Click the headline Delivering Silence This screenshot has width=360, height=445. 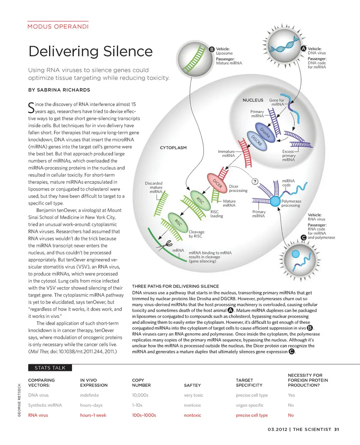click(x=90, y=51)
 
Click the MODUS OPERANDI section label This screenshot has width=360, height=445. click(x=58, y=27)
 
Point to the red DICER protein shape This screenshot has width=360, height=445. click(x=217, y=183)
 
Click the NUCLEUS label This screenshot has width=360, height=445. click(x=253, y=100)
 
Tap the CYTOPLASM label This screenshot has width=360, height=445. click(x=173, y=148)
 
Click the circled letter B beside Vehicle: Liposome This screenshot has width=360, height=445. click(x=212, y=49)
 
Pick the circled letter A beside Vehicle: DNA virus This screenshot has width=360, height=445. click(x=304, y=49)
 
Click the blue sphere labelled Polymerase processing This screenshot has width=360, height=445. click(x=276, y=200)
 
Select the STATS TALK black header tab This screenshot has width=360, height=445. click(x=50, y=368)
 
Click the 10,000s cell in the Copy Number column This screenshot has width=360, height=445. click(x=140, y=395)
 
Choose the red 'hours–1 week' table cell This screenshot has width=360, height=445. click(x=93, y=415)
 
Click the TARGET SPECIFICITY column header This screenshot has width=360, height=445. click(x=249, y=382)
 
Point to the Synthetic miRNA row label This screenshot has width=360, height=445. click(x=45, y=405)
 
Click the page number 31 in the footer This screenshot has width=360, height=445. click(x=336, y=429)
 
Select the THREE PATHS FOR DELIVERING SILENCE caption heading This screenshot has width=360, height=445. click(x=175, y=287)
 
